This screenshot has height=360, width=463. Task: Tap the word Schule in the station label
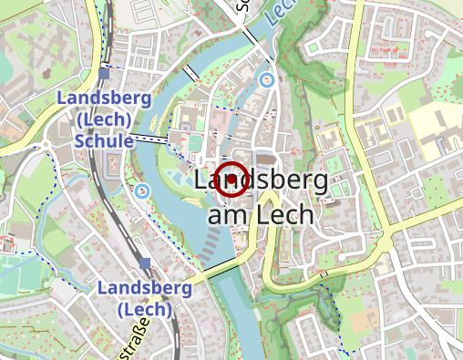pyautogui.click(x=104, y=141)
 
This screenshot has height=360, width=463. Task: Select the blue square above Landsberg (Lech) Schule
pyautogui.click(x=105, y=66)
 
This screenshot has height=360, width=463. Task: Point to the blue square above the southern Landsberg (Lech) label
pyautogui.click(x=145, y=263)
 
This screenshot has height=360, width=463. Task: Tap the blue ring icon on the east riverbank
pyautogui.click(x=267, y=80)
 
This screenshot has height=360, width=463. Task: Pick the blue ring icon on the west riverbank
pyautogui.click(x=142, y=191)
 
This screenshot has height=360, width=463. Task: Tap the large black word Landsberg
pyautogui.click(x=262, y=180)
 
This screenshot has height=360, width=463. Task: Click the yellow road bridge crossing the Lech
pyautogui.click(x=217, y=266)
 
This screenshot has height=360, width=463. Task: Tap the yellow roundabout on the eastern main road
pyautogui.click(x=385, y=241)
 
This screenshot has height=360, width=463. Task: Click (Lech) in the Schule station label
pyautogui.click(x=105, y=119)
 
